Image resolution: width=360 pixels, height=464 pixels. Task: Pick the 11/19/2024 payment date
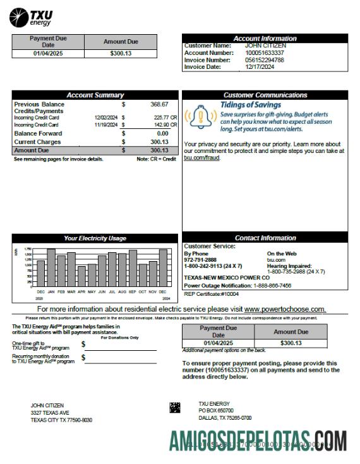pyautogui.click(x=106, y=125)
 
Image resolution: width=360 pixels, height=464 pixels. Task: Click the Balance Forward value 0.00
pyautogui.click(x=162, y=133)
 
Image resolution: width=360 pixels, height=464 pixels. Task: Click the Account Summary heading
pyautogui.click(x=95, y=95)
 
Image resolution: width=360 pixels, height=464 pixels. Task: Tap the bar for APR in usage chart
pyautogui.click(x=81, y=276)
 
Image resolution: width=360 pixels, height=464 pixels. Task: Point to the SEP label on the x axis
pyautogui.click(x=132, y=291)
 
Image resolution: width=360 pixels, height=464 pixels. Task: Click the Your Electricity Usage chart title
pyautogui.click(x=95, y=238)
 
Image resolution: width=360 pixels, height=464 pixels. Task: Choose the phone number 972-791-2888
pyautogui.click(x=200, y=259)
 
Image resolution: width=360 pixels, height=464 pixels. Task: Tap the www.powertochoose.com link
pyautogui.click(x=285, y=309)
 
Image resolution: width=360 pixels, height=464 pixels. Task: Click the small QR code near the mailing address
pyautogui.click(x=175, y=408)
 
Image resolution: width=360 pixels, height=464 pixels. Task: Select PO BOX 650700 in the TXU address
pyautogui.click(x=216, y=411)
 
